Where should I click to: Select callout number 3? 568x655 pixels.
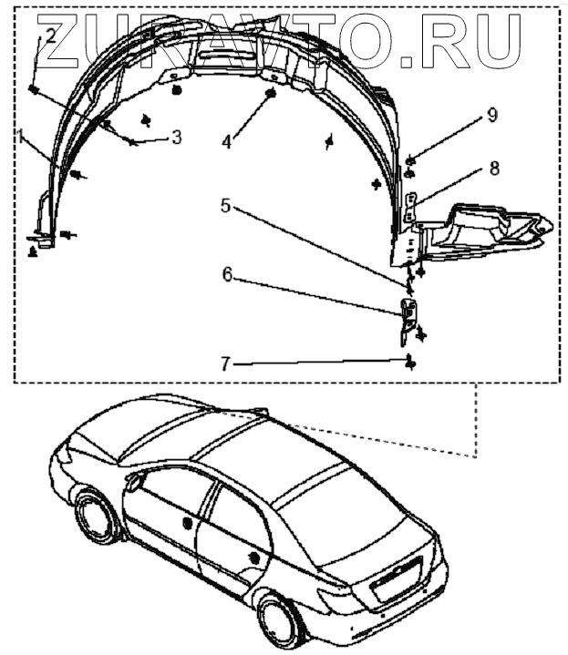click(x=176, y=138)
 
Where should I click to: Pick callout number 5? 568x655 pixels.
click(x=226, y=206)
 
